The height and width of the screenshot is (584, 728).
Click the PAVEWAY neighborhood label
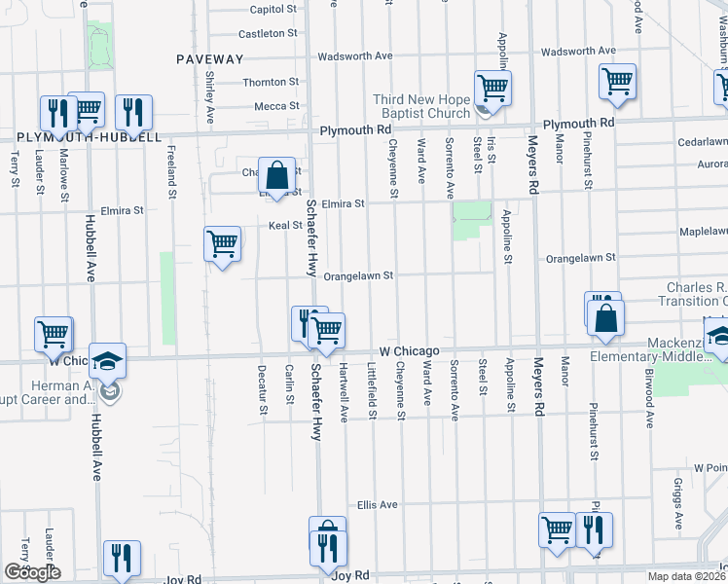coord(209,59)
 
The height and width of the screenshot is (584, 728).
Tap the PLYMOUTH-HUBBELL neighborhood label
coord(88,137)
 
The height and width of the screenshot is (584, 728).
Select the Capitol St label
coord(273,9)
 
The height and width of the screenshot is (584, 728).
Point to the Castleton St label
coord(268,33)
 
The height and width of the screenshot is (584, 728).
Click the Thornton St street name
coord(271,83)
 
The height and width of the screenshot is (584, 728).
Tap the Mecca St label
coord(276,106)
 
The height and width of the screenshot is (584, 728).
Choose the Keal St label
coord(285,226)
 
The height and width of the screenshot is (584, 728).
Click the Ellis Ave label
coord(378,505)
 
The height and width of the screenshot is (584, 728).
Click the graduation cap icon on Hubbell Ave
coord(106,360)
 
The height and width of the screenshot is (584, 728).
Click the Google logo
coord(32,572)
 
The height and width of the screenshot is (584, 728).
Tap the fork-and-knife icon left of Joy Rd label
coord(122,559)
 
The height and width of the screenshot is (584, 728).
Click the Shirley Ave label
coord(210,94)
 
